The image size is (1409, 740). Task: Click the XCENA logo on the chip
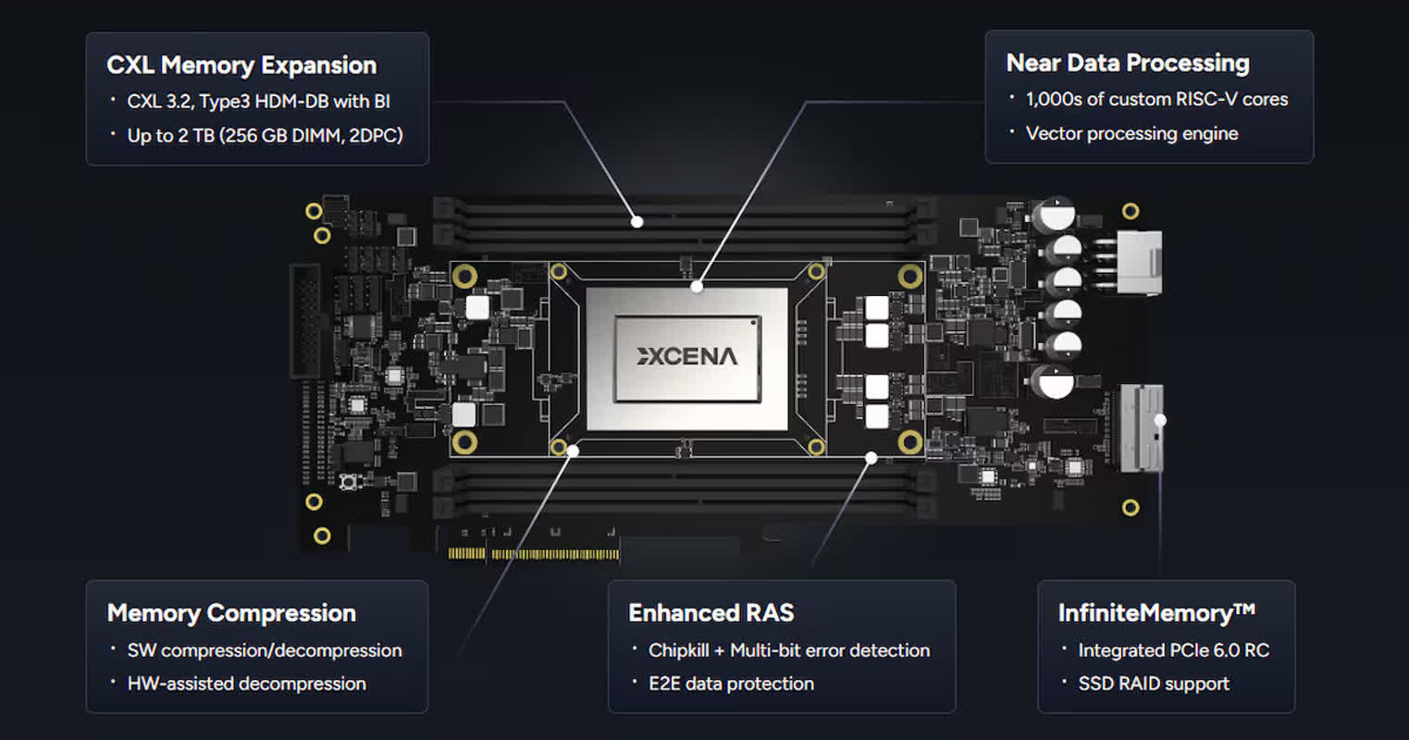pyautogui.click(x=686, y=356)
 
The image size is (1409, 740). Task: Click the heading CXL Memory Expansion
pyautogui.click(x=241, y=66)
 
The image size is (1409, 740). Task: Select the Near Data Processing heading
pyautogui.click(x=1128, y=64)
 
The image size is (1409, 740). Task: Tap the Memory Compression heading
pyautogui.click(x=231, y=613)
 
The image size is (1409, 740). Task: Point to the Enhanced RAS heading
pyautogui.click(x=711, y=613)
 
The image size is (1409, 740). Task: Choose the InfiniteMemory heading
pyautogui.click(x=1156, y=613)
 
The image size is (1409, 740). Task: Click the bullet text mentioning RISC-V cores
pyautogui.click(x=1156, y=99)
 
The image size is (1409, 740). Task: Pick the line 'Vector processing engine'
pyautogui.click(x=1131, y=133)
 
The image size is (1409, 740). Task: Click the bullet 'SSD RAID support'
pyautogui.click(x=1154, y=684)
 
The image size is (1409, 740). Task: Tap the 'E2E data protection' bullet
pyautogui.click(x=731, y=684)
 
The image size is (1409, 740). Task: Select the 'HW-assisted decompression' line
pyautogui.click(x=247, y=684)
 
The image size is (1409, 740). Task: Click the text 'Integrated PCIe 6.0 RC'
pyautogui.click(x=1173, y=650)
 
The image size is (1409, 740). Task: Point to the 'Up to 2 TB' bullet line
pyautogui.click(x=265, y=136)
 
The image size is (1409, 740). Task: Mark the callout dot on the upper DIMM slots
pyautogui.click(x=637, y=221)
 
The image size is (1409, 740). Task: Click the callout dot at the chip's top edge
pyautogui.click(x=697, y=287)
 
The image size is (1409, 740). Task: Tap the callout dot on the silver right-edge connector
pyautogui.click(x=1160, y=420)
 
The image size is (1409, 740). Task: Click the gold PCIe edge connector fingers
pyautogui.click(x=534, y=554)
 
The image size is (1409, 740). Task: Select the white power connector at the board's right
pyautogui.click(x=1139, y=262)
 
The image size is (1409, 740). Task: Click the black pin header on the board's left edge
pyautogui.click(x=306, y=321)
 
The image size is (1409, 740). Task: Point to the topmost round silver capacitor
pyautogui.click(x=1057, y=215)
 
